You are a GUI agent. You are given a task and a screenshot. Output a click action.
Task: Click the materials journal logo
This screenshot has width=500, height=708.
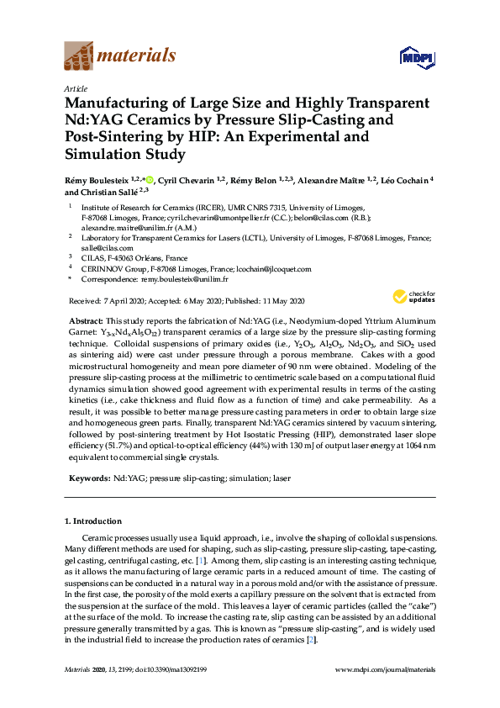tap(120, 56)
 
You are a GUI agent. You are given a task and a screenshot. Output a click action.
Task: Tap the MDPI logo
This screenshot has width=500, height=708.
tap(414, 57)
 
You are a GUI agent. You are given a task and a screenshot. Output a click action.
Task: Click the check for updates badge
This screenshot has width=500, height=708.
tap(410, 297)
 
